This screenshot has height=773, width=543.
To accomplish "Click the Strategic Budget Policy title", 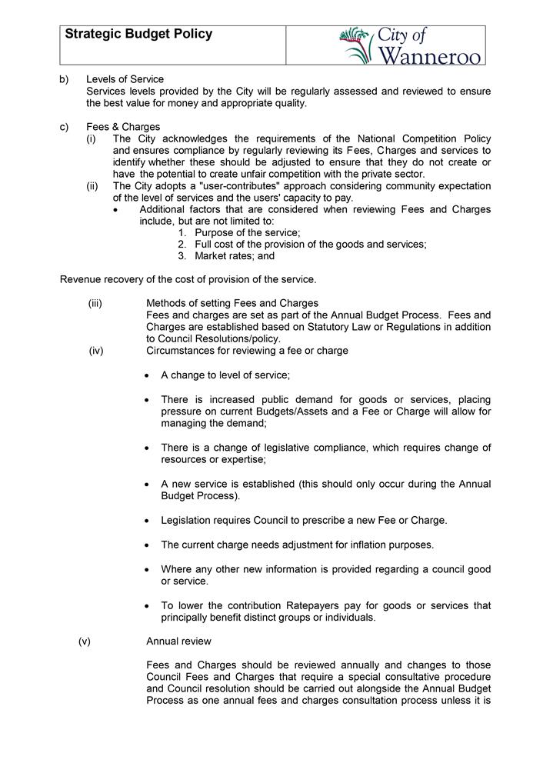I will (x=138, y=35).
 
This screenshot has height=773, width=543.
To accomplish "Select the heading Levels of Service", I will (x=125, y=79).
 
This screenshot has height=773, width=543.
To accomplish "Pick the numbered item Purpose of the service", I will (x=247, y=232).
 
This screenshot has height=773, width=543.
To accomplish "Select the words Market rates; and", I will (x=235, y=256).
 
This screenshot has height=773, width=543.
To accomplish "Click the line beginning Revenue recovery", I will (x=188, y=279).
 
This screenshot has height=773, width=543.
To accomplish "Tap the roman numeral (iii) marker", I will (x=95, y=303).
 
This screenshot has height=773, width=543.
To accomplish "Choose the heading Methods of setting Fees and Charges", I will (x=232, y=303).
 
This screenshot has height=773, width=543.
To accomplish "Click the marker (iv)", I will (x=95, y=351).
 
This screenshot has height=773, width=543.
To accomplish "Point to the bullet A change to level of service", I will (x=225, y=375).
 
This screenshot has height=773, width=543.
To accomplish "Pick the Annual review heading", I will (x=178, y=641).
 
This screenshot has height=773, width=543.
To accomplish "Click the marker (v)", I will (x=85, y=641).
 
